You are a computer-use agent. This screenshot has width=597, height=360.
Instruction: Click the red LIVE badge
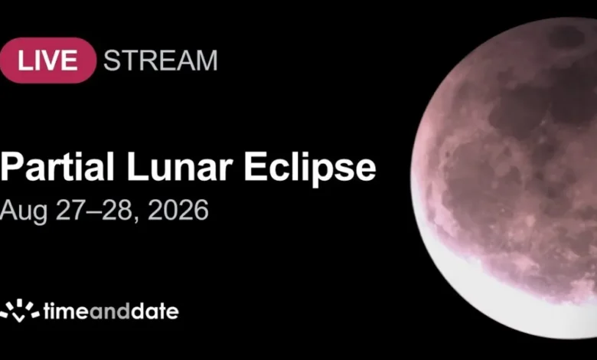pos(47,61)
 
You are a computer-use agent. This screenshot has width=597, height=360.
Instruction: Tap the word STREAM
pos(160,61)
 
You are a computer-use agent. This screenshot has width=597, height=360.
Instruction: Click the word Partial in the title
pos(57,166)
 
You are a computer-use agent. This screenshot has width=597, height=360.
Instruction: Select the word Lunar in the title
pos(179,166)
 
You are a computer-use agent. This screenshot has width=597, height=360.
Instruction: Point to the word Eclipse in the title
pos(310,169)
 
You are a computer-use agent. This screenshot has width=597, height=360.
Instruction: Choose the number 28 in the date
pos(116,210)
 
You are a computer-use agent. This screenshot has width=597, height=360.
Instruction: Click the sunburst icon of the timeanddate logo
pos(19,310)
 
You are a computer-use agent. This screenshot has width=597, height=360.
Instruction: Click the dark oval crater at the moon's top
pos(566,38)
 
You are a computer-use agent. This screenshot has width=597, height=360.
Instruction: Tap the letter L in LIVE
pos(24,61)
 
